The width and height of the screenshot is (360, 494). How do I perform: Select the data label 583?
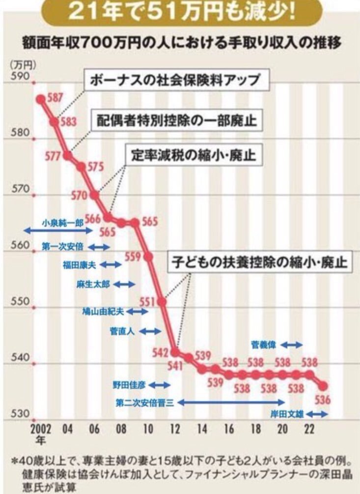pos(68,121)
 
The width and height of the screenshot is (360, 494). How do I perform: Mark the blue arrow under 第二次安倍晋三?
pos(231,402)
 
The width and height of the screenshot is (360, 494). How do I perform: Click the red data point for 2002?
pos(41,99)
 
